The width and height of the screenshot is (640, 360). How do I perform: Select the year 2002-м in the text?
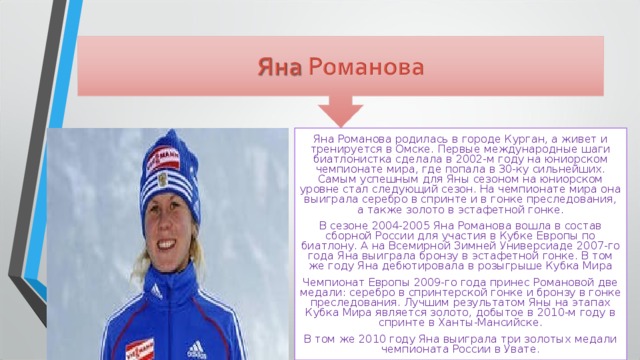point(469,159)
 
